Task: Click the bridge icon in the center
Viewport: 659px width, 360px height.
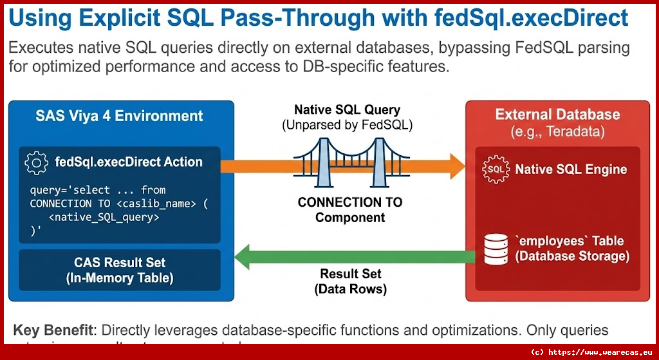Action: [349, 160]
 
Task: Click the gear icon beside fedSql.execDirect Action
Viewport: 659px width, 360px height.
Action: [36, 164]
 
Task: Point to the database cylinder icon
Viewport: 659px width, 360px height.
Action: [496, 249]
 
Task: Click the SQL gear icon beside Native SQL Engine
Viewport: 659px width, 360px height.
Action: [496, 169]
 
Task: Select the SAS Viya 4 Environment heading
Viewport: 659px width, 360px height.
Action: [119, 117]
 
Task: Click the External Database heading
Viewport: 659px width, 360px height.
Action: [557, 115]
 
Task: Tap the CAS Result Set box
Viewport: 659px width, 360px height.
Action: [120, 270]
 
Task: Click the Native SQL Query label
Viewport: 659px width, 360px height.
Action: [347, 110]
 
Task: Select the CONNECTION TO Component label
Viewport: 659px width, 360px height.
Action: [349, 209]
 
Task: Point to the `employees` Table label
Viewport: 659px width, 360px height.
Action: [569, 241]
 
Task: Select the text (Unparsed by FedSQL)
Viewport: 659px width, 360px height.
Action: [347, 126]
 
